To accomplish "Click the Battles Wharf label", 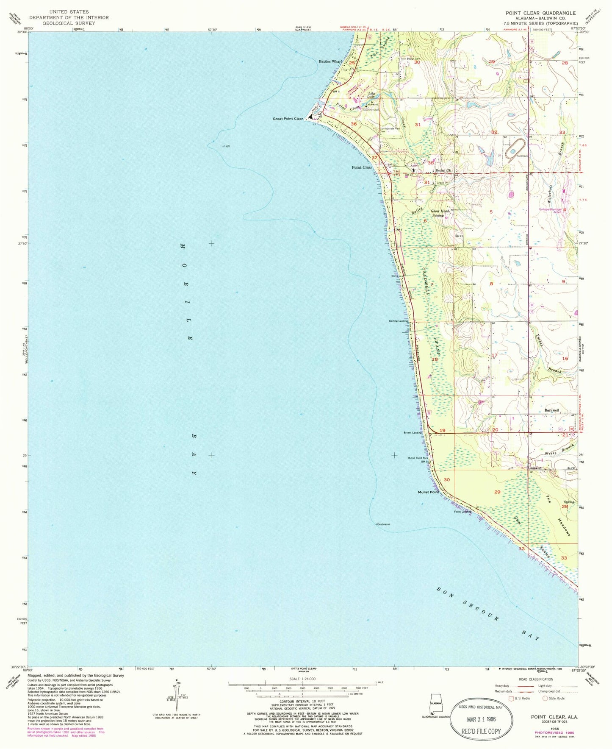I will point(330,61).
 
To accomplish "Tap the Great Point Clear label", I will point(288,119).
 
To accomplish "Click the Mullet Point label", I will point(429,492).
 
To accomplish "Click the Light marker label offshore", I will point(227,146).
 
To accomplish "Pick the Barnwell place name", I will point(551,410).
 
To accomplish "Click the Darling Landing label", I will point(398,321).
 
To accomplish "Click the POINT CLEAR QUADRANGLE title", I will point(540,13).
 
